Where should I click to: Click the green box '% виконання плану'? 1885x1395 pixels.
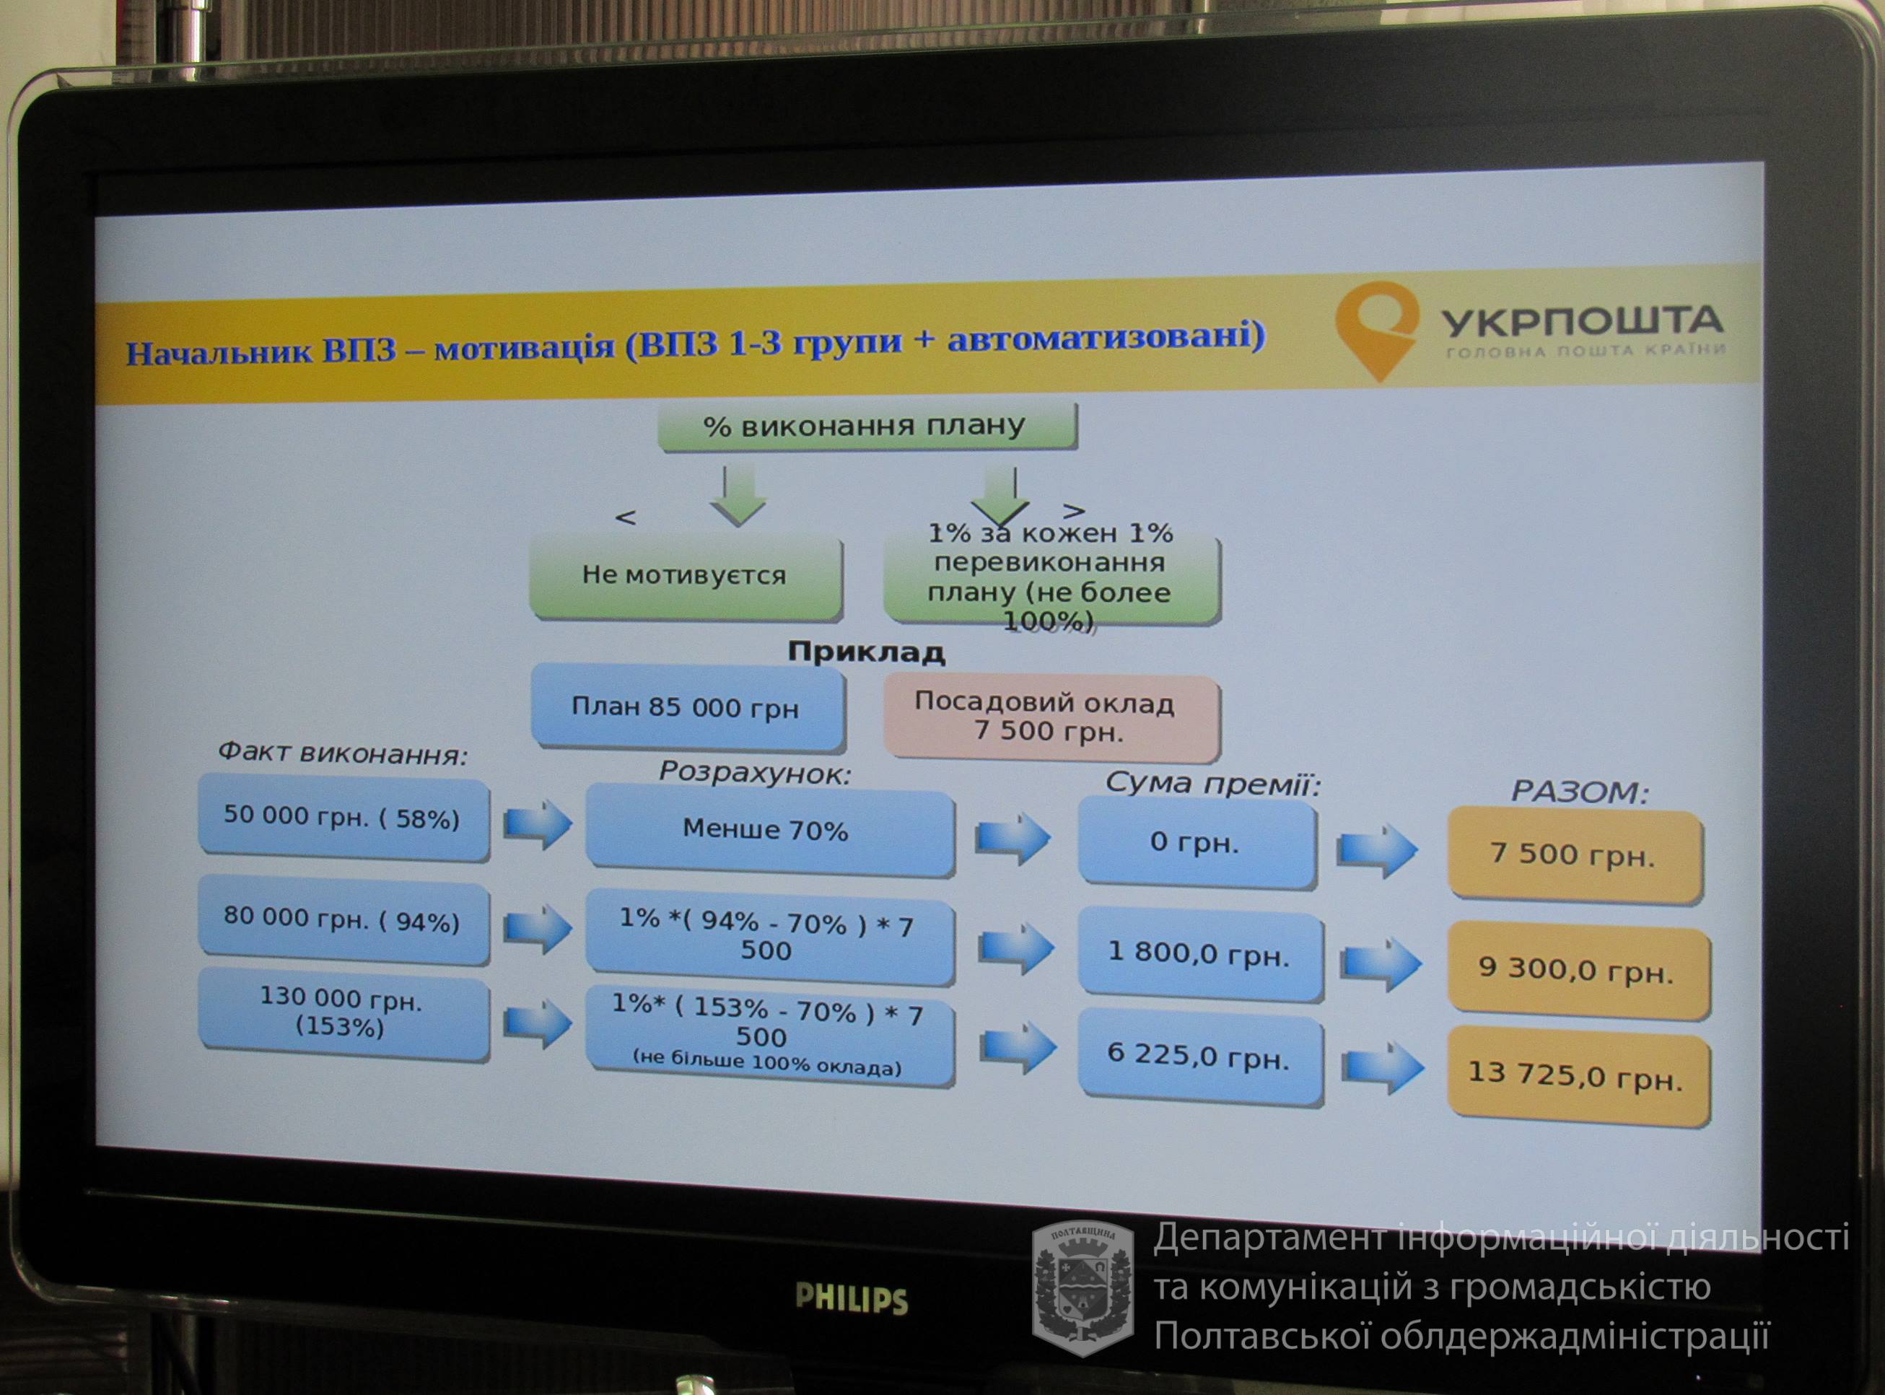867,427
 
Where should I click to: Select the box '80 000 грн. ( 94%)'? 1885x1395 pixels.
343,920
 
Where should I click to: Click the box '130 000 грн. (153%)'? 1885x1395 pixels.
343,1016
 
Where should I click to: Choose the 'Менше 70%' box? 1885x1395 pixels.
769,831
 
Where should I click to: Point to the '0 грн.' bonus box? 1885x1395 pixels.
1197,843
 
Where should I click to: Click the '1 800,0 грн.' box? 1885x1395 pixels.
1199,954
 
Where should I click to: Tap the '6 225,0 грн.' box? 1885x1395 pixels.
1199,1058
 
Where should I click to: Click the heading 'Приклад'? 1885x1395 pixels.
866,652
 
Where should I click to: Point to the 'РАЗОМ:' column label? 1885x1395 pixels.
1579,792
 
